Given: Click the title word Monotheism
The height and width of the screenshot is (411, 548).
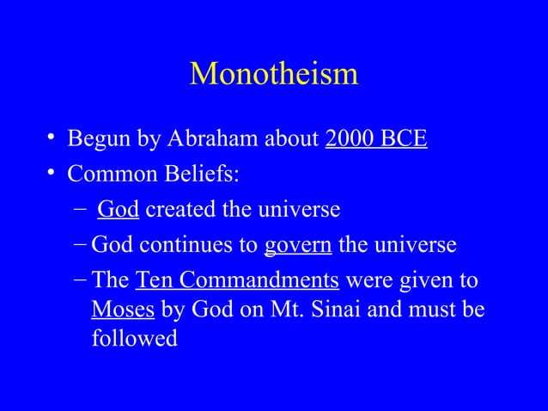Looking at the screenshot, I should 273,74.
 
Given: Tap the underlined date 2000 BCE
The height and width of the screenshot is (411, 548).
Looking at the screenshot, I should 376,139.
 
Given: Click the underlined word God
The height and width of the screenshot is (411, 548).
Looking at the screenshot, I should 119,210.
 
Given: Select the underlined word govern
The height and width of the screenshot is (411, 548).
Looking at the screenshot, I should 297,246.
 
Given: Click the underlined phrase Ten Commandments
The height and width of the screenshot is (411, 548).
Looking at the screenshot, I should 237,281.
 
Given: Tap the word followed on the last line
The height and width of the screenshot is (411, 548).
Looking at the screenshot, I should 134,338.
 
